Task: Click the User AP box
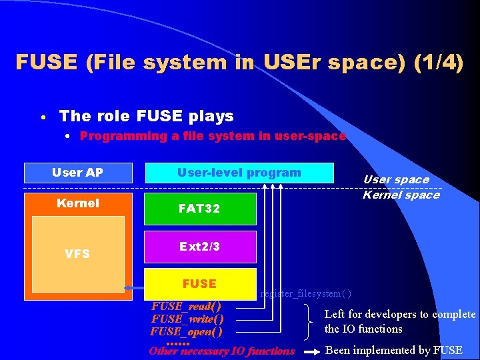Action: pos(78,173)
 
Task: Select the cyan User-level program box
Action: pos(239,173)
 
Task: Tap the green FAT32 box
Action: pos(200,209)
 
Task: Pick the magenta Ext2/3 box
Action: pos(200,247)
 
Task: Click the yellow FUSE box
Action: pos(200,283)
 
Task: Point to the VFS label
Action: pos(77,253)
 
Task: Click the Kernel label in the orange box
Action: pos(78,203)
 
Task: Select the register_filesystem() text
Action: pos(306,293)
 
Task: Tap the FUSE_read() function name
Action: pos(186,307)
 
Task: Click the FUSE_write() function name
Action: pos(187,319)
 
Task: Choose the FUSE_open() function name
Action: pos(186,331)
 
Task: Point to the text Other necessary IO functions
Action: pos(222,351)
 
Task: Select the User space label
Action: pos(396,179)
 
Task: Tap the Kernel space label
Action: pos(401,195)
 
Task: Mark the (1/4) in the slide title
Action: pos(438,63)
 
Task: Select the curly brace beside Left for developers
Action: pos(310,321)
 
